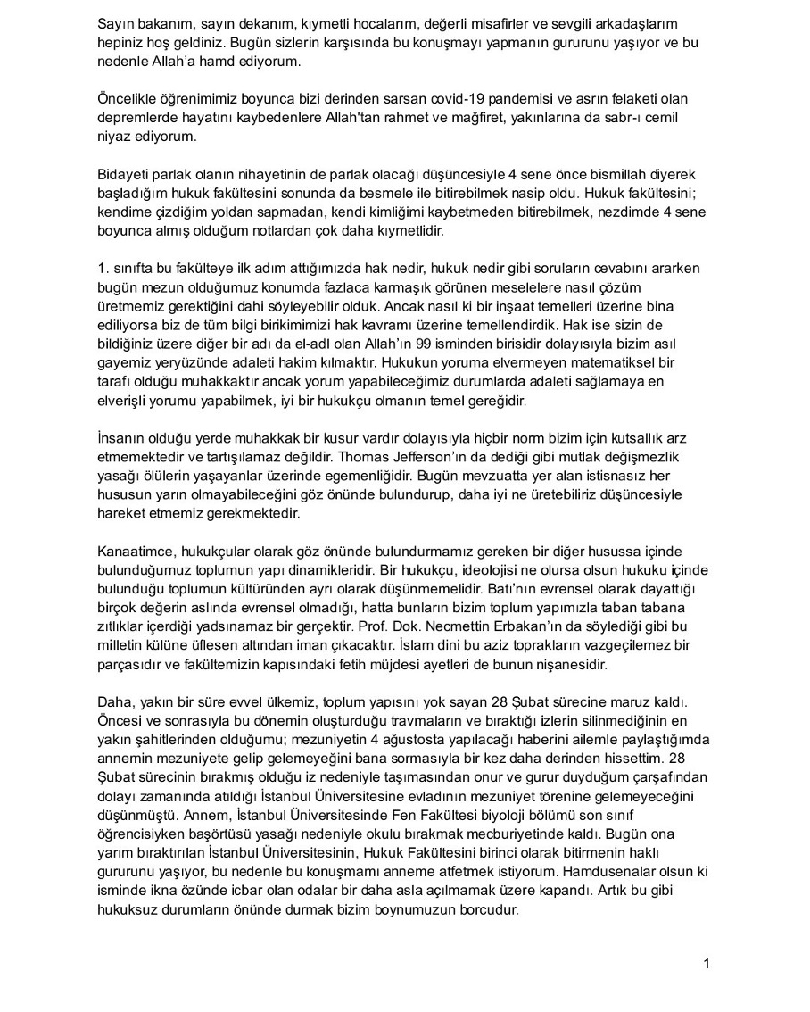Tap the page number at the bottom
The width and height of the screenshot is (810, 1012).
[x=707, y=963]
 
